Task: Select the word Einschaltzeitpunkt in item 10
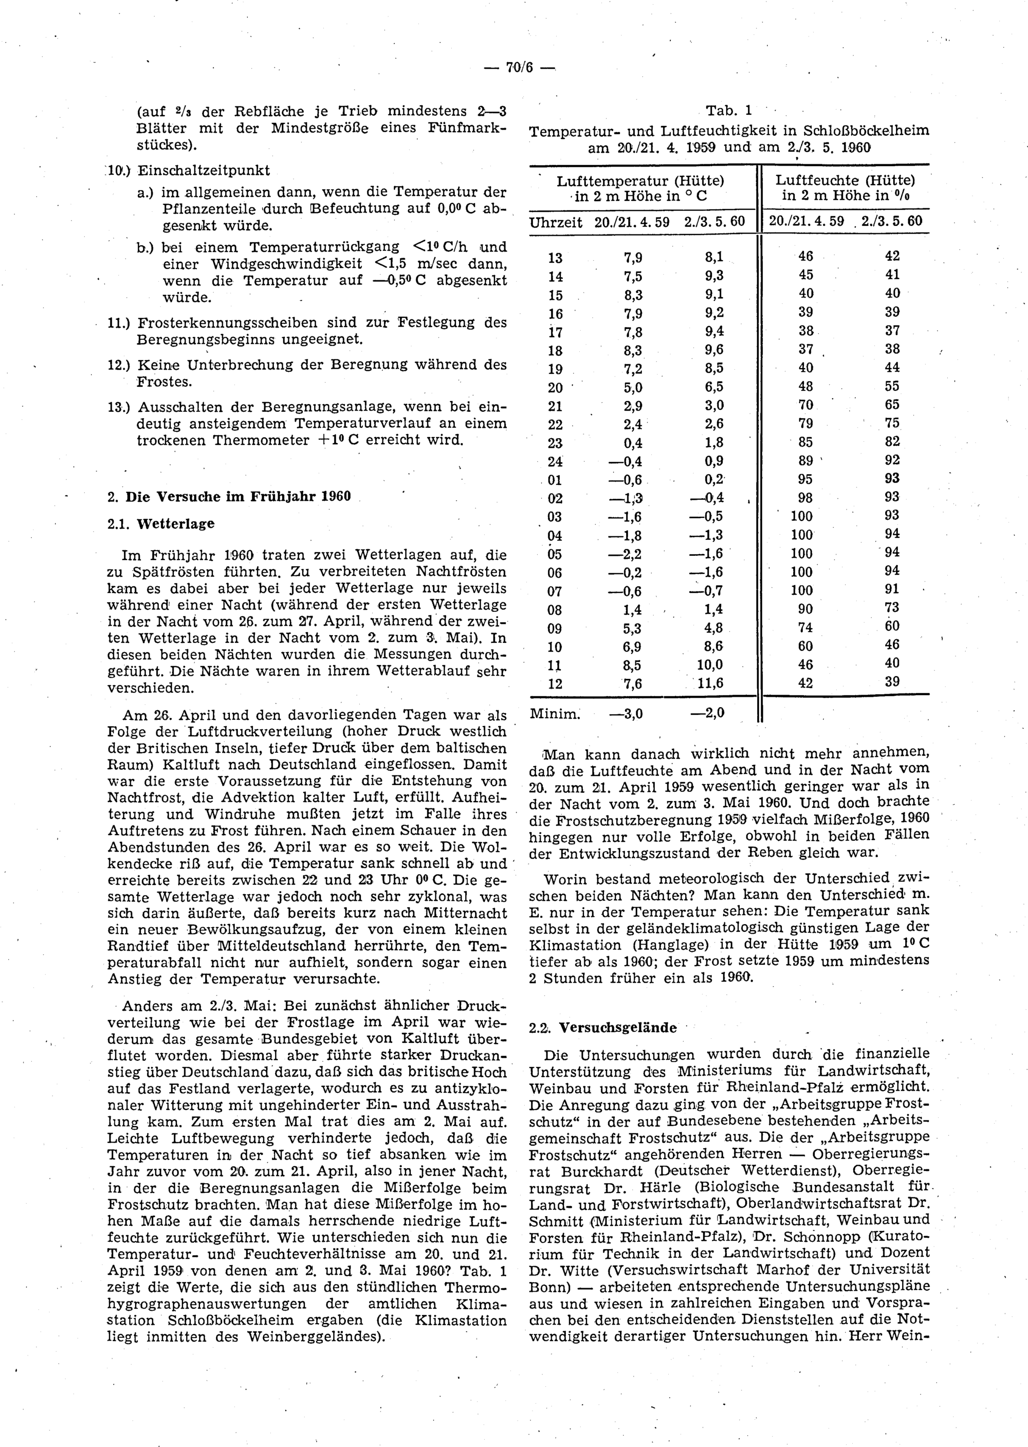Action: [204, 170]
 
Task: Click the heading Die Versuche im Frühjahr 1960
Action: [238, 496]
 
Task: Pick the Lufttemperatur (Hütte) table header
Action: [640, 180]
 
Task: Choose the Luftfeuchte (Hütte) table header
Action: [845, 180]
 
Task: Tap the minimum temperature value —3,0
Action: [626, 714]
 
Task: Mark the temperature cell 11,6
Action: [710, 683]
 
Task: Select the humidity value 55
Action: [892, 386]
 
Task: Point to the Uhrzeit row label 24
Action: [555, 461]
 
